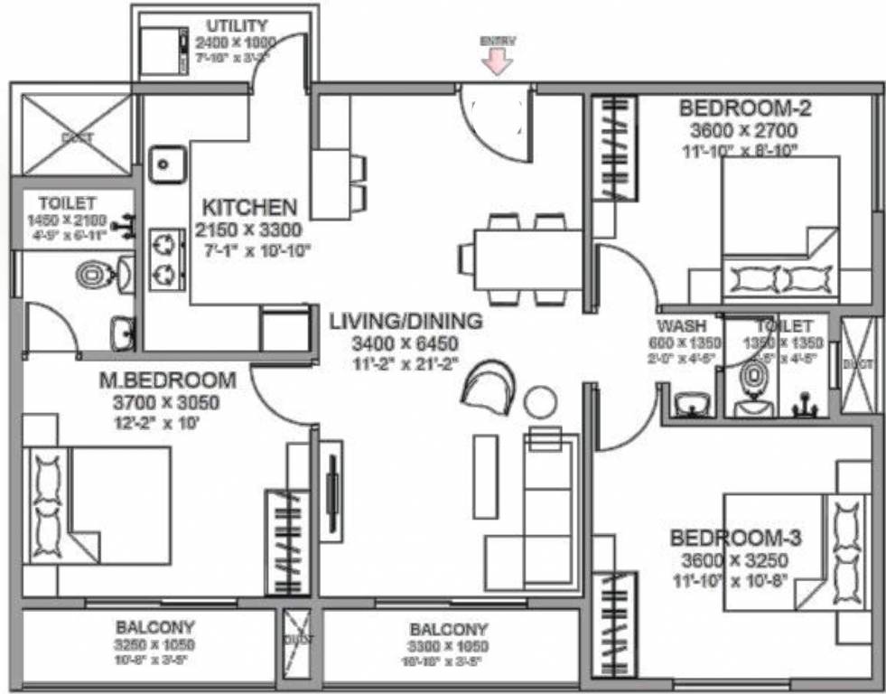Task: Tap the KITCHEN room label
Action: [x=248, y=206]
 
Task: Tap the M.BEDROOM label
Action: [x=167, y=380]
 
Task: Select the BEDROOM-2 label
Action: [x=745, y=109]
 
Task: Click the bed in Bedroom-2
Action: [x=780, y=230]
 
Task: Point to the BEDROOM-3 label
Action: [x=735, y=539]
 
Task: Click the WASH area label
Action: [x=682, y=325]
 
